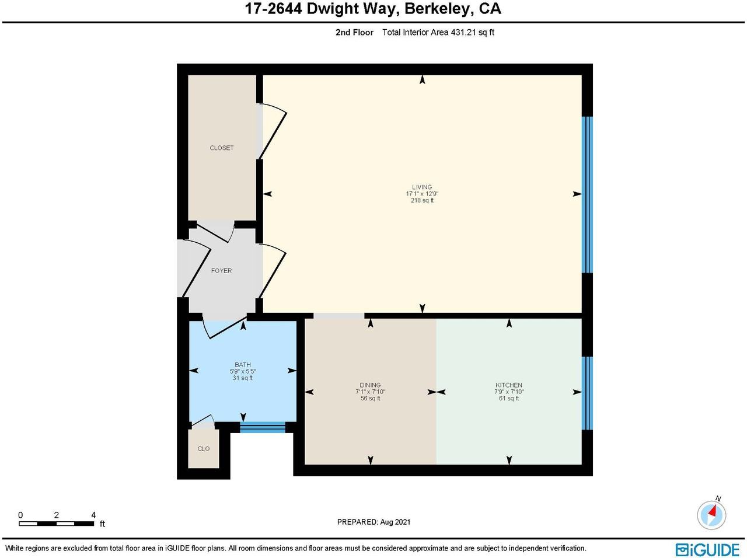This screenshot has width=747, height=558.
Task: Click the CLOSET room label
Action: [222, 148]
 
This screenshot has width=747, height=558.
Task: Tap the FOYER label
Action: [221, 270]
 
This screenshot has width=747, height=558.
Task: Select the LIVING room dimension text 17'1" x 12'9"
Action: [422, 194]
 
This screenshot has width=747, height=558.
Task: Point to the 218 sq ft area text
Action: [422, 200]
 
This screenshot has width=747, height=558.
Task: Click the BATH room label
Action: [243, 365]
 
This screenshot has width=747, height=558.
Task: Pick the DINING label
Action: [370, 385]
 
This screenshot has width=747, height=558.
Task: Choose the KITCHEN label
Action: [509, 385]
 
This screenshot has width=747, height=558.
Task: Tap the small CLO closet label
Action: [204, 449]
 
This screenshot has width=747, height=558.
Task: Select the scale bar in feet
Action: [57, 524]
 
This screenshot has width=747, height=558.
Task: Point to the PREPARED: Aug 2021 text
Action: [373, 522]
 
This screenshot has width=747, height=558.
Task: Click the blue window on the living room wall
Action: [588, 194]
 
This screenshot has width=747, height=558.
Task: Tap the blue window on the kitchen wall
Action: [588, 393]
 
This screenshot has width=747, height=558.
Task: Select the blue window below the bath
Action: [263, 427]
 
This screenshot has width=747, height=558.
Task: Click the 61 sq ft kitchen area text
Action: [509, 399]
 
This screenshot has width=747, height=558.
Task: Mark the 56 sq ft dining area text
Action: [370, 399]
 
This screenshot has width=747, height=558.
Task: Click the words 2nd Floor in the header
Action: [354, 32]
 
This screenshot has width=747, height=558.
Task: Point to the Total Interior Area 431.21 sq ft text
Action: [438, 32]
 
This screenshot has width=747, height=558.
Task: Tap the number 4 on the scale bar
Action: [93, 515]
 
